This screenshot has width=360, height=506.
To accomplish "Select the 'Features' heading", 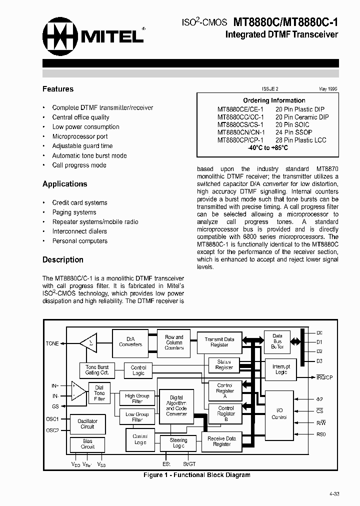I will [x=58, y=89].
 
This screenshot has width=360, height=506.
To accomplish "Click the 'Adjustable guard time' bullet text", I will [x=82, y=146].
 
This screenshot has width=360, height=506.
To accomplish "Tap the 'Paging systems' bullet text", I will [x=74, y=212].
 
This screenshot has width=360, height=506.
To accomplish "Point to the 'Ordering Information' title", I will [x=274, y=100].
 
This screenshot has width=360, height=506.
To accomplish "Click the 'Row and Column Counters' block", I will [x=174, y=342].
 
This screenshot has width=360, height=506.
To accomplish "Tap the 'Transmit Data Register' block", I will [x=219, y=342].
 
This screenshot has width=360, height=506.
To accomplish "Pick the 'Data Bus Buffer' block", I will [x=277, y=341].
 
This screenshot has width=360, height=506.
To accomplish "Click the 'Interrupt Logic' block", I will [x=280, y=369].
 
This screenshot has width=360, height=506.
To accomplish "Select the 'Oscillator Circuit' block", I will [x=87, y=423].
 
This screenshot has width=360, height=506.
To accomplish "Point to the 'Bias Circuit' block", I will [x=87, y=444].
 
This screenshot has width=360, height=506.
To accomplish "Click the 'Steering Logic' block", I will [x=178, y=443].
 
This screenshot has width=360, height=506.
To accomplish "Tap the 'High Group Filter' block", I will [x=137, y=398].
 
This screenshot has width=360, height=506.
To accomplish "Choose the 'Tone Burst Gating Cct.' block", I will [x=97, y=370].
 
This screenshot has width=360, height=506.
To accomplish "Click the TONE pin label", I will [x=52, y=343].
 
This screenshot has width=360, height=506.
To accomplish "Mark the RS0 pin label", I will [x=320, y=434].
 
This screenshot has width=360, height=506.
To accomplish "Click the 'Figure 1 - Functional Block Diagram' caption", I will [x=196, y=475].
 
